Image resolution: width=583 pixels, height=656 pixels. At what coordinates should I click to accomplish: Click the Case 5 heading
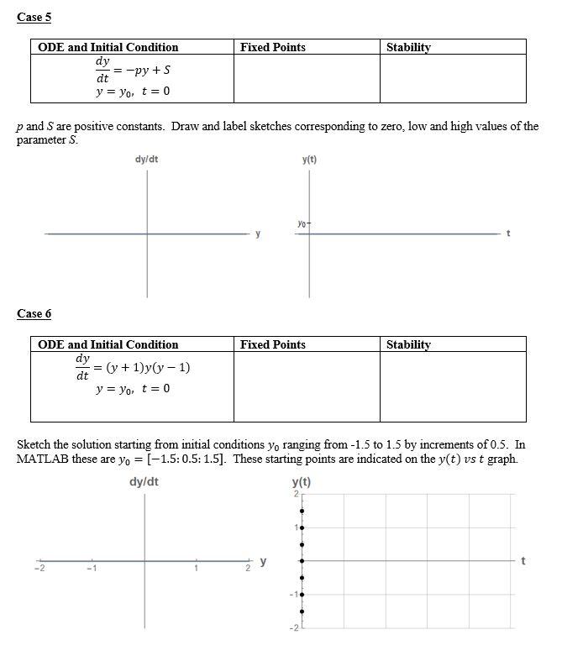34,17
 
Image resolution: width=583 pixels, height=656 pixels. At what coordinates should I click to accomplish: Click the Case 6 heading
34,313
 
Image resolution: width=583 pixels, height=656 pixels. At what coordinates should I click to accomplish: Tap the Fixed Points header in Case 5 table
272,47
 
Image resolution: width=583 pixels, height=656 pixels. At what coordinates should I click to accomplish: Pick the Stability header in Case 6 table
408,344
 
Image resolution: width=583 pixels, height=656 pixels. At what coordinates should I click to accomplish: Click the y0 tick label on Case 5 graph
301,223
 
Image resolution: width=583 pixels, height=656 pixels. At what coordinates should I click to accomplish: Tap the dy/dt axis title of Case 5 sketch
146,159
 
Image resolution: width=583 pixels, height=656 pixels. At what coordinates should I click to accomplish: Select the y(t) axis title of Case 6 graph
301,482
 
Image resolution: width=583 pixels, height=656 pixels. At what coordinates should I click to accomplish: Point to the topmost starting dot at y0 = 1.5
302,511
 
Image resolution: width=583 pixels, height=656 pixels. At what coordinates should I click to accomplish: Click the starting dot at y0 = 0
302,560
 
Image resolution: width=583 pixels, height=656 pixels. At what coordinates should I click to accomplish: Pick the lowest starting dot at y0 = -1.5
302,611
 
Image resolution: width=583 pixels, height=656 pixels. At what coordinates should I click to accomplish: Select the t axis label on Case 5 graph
508,234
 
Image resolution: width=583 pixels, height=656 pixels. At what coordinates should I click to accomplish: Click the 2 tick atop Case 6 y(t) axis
296,493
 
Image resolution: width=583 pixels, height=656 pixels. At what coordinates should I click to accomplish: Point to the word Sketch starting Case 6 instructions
34,444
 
